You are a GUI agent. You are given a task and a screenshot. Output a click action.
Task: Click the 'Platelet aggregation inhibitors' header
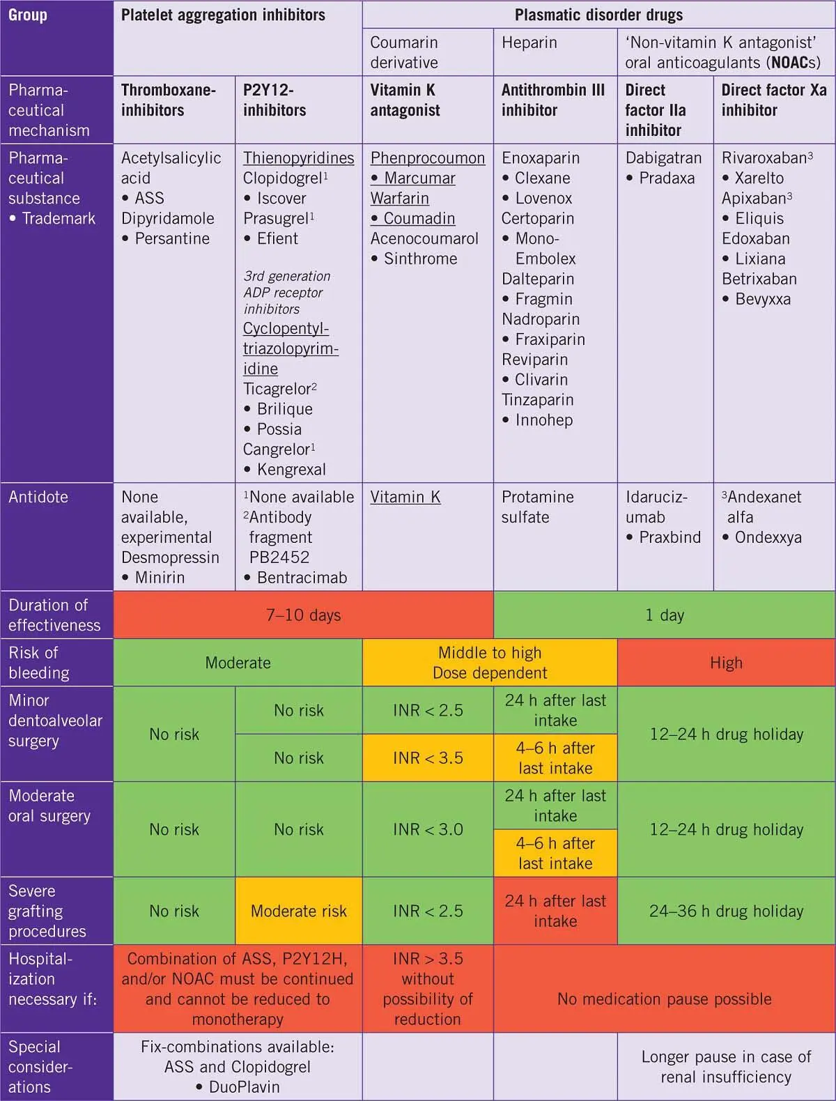click(223, 15)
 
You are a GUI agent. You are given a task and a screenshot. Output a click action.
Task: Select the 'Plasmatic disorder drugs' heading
click(598, 15)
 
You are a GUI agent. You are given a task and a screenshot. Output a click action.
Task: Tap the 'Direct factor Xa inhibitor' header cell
click(773, 100)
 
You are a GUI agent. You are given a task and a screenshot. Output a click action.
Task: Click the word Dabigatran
click(663, 158)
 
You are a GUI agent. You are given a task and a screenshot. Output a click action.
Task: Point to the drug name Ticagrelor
click(277, 389)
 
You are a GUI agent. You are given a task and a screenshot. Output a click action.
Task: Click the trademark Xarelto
click(759, 178)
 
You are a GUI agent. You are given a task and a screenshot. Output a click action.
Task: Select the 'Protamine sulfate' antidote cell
click(538, 507)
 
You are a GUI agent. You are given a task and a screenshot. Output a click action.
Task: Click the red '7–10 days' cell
click(303, 615)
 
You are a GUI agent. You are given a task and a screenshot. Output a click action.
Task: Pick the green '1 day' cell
click(664, 615)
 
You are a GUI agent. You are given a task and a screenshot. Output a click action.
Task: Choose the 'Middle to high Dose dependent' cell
click(490, 663)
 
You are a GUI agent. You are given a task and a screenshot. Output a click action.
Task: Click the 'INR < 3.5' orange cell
click(428, 758)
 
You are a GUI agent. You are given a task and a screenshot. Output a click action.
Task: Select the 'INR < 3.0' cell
click(428, 829)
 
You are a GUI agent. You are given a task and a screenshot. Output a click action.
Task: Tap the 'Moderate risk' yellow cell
click(298, 911)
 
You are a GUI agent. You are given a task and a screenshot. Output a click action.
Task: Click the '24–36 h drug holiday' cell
click(726, 911)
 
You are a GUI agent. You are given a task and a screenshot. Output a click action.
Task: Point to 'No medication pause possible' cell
click(664, 999)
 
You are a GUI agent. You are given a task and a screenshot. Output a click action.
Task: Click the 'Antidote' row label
click(38, 497)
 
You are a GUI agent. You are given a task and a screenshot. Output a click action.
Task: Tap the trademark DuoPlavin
click(244, 1087)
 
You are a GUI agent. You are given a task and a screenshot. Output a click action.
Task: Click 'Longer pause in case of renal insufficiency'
click(726, 1067)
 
